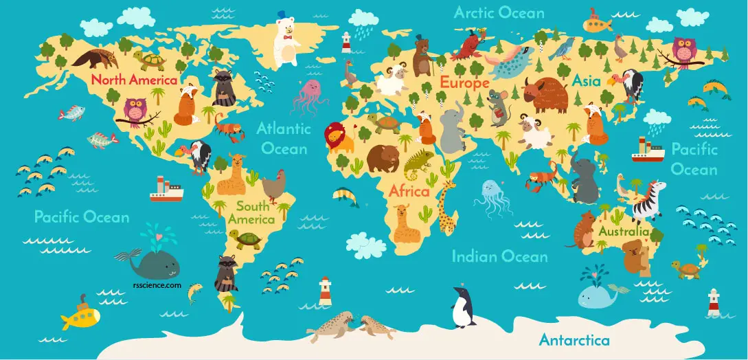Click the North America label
click(x=135, y=80)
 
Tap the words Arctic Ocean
click(x=499, y=13)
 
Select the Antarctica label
click(x=574, y=340)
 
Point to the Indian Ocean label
click(x=499, y=257)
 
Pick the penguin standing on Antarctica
click(x=464, y=307)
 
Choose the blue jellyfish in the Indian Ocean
click(x=492, y=195)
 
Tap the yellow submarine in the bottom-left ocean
click(x=80, y=315)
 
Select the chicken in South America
click(x=273, y=183)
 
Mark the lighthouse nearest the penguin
click(x=325, y=291)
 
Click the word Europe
click(x=464, y=82)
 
